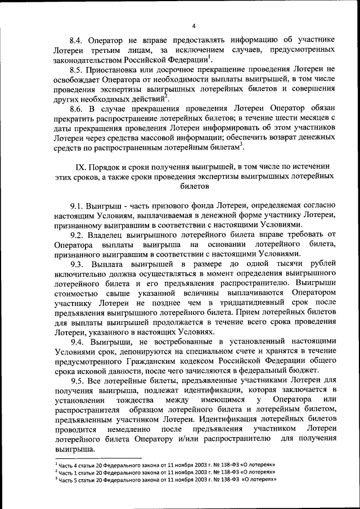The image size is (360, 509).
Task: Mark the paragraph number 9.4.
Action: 78,342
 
